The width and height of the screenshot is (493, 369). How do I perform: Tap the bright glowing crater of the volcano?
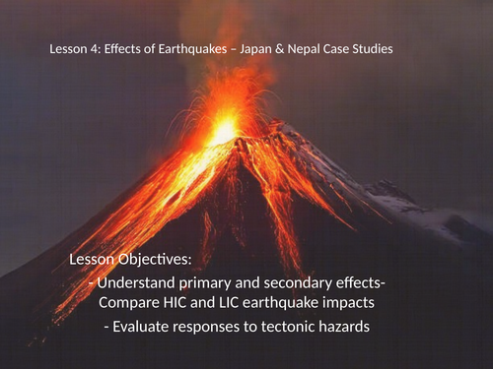[x=225, y=130]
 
